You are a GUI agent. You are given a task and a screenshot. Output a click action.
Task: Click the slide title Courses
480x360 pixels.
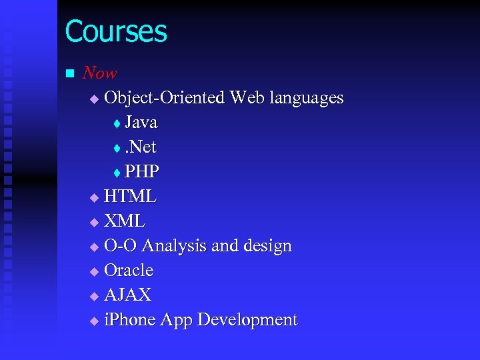click(x=116, y=31)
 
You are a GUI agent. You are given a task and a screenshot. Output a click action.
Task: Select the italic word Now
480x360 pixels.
click(x=99, y=73)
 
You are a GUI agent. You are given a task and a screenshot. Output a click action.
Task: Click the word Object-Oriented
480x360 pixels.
click(x=165, y=98)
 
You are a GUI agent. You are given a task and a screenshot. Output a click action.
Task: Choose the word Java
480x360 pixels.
click(x=141, y=123)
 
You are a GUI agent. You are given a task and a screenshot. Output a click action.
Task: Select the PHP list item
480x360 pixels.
click(x=141, y=172)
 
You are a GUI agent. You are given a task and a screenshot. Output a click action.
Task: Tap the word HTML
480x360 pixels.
click(x=131, y=197)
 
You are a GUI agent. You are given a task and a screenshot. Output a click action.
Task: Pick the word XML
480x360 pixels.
click(x=125, y=221)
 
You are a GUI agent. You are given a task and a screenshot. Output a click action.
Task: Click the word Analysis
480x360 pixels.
click(x=174, y=246)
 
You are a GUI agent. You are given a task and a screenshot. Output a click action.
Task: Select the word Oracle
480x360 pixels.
click(x=129, y=271)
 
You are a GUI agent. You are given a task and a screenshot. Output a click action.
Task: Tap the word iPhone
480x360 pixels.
click(x=128, y=320)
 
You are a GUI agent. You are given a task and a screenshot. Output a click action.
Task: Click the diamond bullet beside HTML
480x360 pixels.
click(x=93, y=198)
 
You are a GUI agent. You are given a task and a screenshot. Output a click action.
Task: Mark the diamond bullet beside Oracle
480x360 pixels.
click(x=93, y=272)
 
